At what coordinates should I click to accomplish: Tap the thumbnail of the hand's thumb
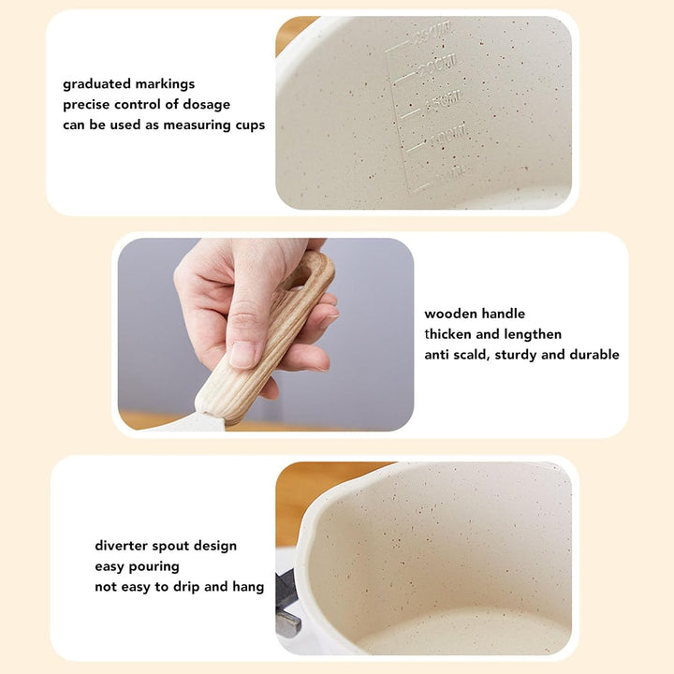242,354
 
